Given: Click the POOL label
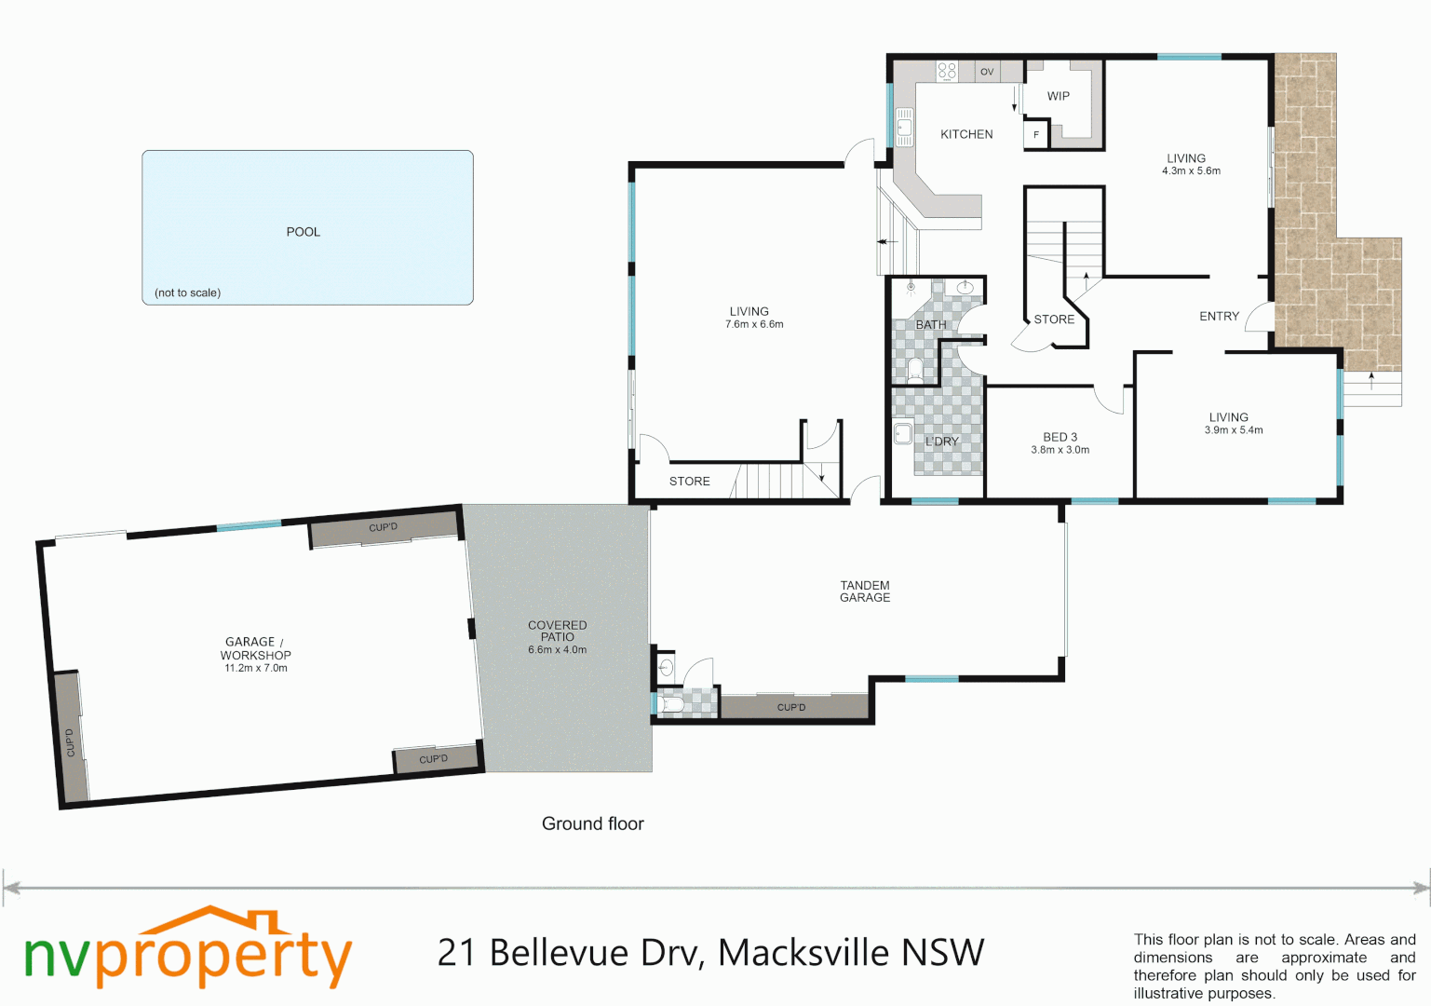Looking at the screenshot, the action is tap(303, 232).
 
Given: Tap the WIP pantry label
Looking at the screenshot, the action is tap(1058, 96).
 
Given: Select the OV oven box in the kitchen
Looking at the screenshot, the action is tap(987, 72).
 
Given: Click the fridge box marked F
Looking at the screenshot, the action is tap(1036, 135).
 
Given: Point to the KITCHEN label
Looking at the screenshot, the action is tap(966, 134).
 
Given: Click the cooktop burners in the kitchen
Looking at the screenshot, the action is tap(947, 71).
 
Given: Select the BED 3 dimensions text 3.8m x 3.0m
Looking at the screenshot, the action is tap(1060, 450).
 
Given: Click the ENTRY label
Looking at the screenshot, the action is tap(1219, 317).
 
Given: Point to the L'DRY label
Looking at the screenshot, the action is tap(941, 441).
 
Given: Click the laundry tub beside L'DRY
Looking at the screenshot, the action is tap(903, 433).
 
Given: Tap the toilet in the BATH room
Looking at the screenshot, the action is tap(915, 372).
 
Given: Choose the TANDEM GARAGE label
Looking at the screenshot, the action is tap(864, 591).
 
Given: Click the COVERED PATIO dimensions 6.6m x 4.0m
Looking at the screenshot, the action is tap(557, 650).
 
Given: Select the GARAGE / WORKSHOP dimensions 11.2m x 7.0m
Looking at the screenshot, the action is tap(255, 669).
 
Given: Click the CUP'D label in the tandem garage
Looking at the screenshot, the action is tap(790, 708).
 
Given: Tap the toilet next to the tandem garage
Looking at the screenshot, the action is tap(670, 705).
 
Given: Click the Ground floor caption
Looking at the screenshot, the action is tap(593, 823).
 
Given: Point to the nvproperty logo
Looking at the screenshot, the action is tap(188, 948).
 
